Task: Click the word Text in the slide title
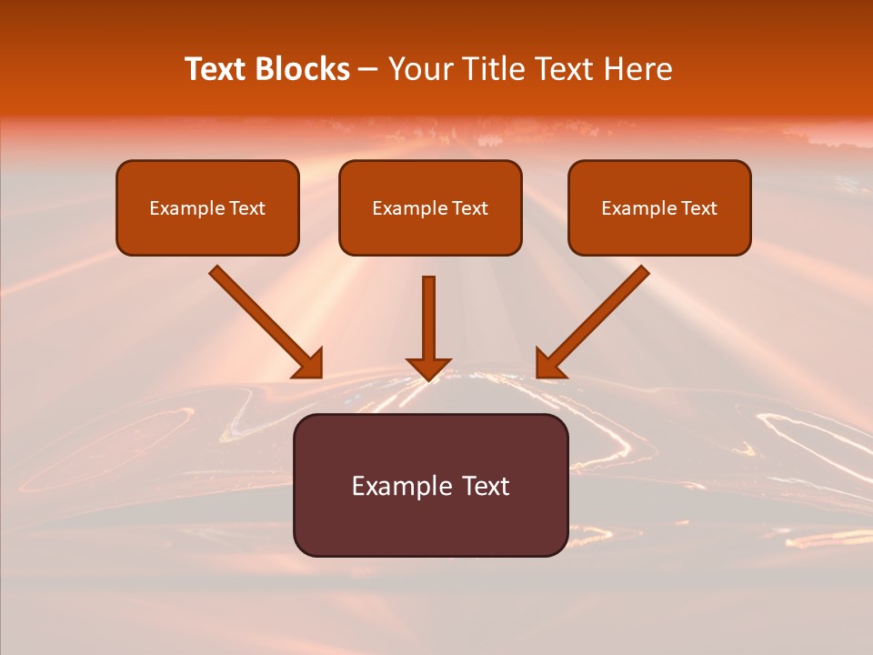215,69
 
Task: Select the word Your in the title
420,69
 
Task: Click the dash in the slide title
368,70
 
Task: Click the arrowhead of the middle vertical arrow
428,368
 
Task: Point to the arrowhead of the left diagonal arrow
310,365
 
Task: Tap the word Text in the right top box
698,208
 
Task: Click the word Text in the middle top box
469,208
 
